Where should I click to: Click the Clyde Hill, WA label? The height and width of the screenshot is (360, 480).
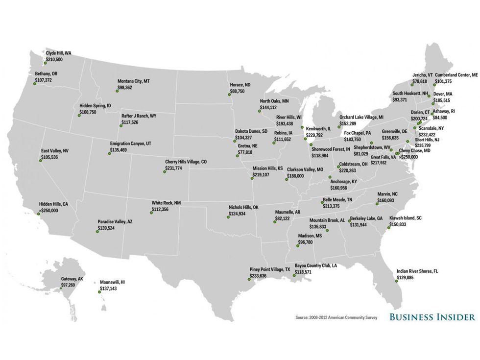tap(58, 52)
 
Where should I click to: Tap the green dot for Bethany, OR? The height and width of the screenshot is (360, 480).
tap(34, 84)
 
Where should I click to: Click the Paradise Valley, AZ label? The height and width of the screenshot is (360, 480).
tap(115, 222)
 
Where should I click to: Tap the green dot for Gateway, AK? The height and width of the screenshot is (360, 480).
tap(61, 288)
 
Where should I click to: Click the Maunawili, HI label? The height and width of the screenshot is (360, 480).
tap(113, 283)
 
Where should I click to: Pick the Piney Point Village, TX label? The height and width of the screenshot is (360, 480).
tap(270, 270)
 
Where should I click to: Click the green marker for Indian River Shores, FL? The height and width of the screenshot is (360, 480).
tap(398, 281)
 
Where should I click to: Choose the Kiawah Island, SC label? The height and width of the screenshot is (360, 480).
tap(405, 218)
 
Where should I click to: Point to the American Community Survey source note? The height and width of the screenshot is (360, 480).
tap(336, 318)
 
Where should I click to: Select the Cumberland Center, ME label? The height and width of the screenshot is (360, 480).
tap(456, 75)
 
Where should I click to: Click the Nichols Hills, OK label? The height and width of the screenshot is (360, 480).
tap(243, 207)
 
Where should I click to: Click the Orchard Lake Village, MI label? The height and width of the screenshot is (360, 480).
tap(361, 118)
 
